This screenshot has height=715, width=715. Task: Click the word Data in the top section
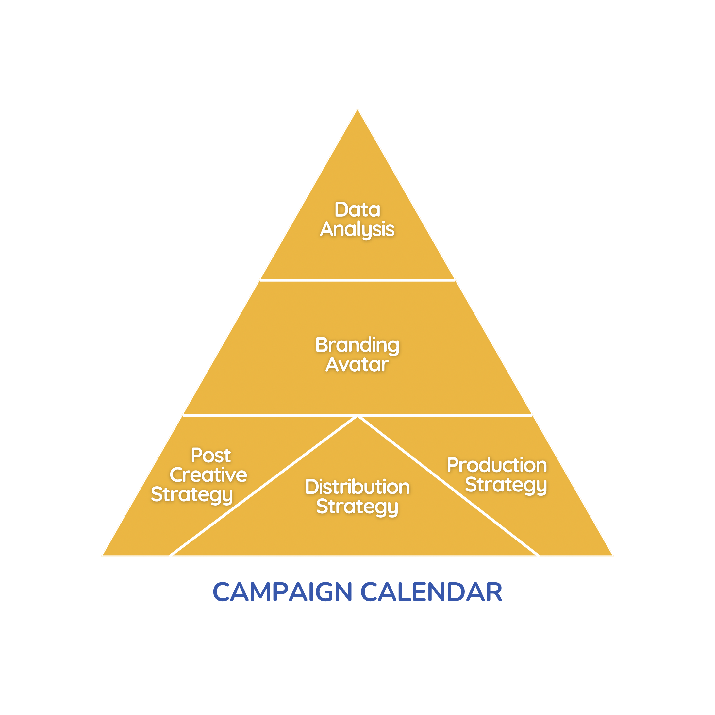pyautogui.click(x=357, y=210)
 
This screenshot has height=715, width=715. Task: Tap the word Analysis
pyautogui.click(x=357, y=230)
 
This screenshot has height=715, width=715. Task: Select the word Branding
pyautogui.click(x=357, y=346)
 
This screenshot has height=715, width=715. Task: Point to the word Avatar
pyautogui.click(x=357, y=365)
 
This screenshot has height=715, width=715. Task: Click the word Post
pyautogui.click(x=211, y=455)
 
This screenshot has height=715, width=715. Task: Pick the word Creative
pyautogui.click(x=208, y=475)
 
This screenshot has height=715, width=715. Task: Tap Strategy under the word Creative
pyautogui.click(x=192, y=495)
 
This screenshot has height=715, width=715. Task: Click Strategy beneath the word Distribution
pyautogui.click(x=357, y=507)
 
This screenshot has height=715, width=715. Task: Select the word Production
pyautogui.click(x=497, y=465)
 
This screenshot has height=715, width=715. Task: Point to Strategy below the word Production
pyautogui.click(x=506, y=486)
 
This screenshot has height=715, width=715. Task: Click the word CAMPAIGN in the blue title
pyautogui.click(x=282, y=592)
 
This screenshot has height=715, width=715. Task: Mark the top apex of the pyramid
pyautogui.click(x=357, y=109)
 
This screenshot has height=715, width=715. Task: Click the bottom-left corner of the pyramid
pyautogui.click(x=103, y=555)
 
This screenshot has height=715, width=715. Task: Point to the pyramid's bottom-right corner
pyautogui.click(x=612, y=555)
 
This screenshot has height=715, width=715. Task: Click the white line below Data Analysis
pyautogui.click(x=357, y=280)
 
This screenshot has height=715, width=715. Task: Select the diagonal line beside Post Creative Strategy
pyautogui.click(x=263, y=486)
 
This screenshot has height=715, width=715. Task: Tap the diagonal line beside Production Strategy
pyautogui.click(x=449, y=486)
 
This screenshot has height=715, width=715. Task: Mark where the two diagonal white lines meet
pyautogui.click(x=357, y=417)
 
